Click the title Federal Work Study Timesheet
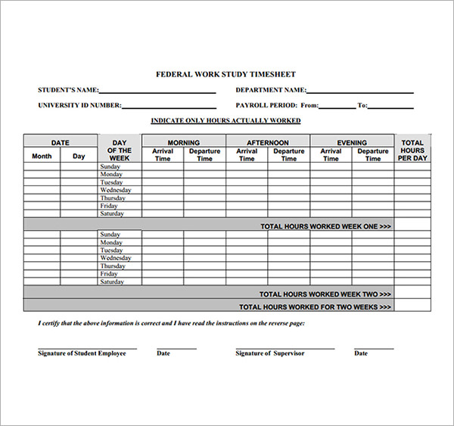click(x=225, y=74)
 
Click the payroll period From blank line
click(x=337, y=108)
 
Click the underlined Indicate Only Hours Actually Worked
click(x=225, y=121)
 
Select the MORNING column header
click(x=184, y=142)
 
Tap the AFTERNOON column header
click(x=268, y=142)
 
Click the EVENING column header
click(x=352, y=142)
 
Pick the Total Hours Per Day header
click(x=412, y=150)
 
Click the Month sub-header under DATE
click(x=42, y=157)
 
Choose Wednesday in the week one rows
click(x=115, y=191)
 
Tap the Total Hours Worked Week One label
click(x=325, y=226)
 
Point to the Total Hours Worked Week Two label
click(x=325, y=294)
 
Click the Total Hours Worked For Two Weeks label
click(x=315, y=307)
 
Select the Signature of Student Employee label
click(x=82, y=353)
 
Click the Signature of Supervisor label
click(x=269, y=353)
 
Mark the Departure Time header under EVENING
click(x=373, y=155)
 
